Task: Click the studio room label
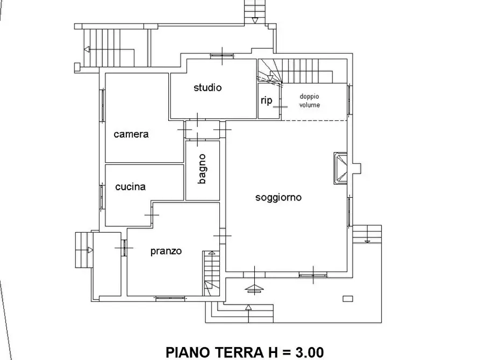[207, 88]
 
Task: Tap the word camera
[131, 134]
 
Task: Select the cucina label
[131, 187]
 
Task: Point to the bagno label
[202, 169]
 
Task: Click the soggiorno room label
[278, 198]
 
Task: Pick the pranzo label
[166, 251]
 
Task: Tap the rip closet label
[266, 100]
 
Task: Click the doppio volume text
[310, 101]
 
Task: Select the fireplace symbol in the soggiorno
[341, 168]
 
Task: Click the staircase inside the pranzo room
[210, 273]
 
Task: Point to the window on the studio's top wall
[221, 55]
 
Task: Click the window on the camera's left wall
[102, 105]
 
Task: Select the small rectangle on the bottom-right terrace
[348, 298]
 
